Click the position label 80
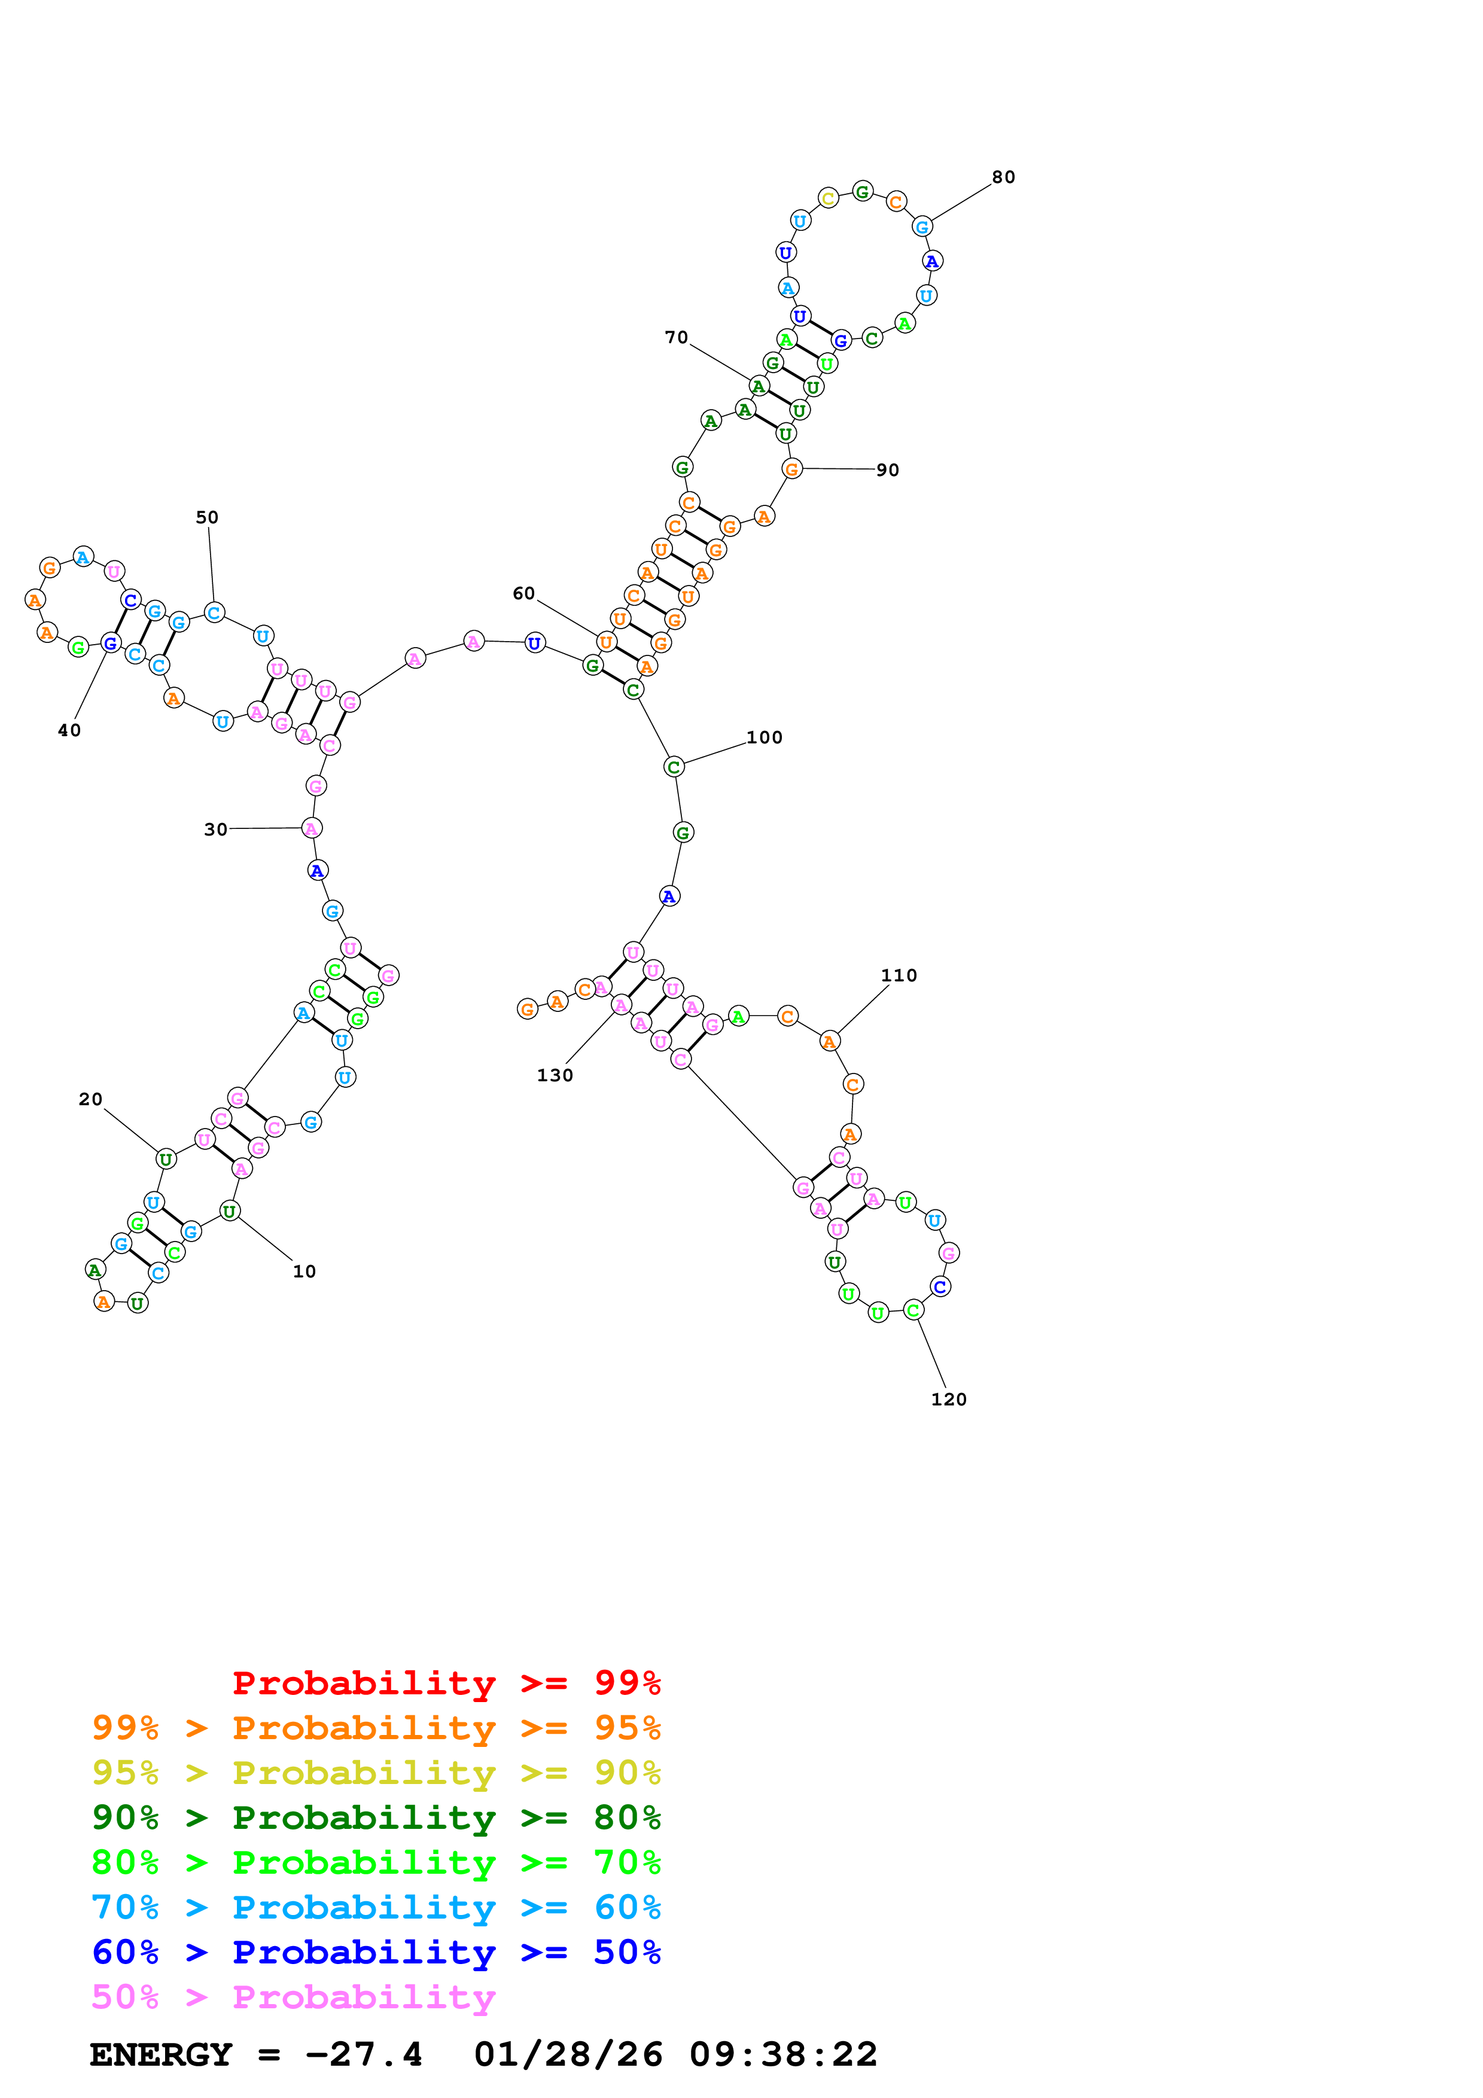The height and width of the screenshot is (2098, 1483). click(x=1003, y=177)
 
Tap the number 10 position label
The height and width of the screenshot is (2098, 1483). click(x=304, y=1271)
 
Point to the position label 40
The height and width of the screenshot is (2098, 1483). click(x=69, y=730)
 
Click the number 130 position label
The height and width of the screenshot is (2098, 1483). click(x=555, y=1075)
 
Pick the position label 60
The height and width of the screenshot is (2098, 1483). click(x=523, y=594)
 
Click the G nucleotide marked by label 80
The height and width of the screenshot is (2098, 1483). click(x=922, y=227)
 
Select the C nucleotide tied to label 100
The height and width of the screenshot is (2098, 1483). click(x=674, y=767)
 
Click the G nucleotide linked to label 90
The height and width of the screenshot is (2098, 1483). click(x=791, y=469)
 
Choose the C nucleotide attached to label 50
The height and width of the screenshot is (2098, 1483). click(x=214, y=612)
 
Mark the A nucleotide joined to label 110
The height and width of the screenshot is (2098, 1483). click(x=829, y=1042)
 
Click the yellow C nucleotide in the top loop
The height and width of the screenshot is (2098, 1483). click(x=828, y=199)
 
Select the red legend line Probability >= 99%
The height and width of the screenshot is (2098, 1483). click(x=446, y=1683)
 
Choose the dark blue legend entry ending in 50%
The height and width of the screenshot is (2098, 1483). click(x=376, y=1952)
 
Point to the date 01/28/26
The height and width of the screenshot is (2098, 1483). click(x=568, y=2054)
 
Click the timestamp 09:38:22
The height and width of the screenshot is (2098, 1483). click(x=783, y=2054)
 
